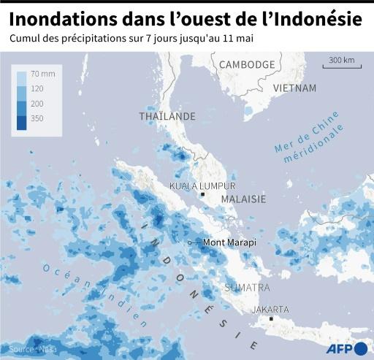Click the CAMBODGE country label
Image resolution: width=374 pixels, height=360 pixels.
pos(248,64)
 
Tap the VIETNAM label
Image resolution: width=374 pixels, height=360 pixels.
pos(294,88)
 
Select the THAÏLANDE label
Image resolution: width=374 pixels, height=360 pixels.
pos(167,116)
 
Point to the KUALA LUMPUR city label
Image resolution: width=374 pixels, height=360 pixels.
pos(202,185)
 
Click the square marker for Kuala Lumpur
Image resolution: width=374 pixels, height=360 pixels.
pos(202,194)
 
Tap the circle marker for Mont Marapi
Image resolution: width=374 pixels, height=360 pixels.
pos(190,242)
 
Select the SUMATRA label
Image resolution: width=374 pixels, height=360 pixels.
pos(247,287)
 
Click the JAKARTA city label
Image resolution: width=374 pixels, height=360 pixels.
pos(270,309)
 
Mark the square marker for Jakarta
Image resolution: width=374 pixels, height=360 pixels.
pos(271,318)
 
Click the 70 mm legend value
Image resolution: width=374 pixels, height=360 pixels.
pos(41,74)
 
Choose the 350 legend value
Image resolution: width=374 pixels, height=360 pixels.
pos(37,118)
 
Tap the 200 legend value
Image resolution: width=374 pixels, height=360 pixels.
pos(37,104)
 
